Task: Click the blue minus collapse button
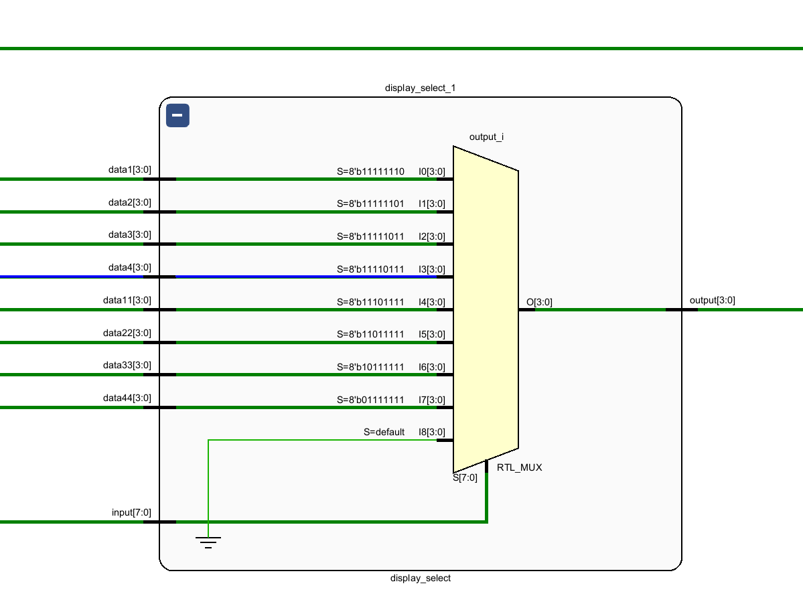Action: [x=177, y=115]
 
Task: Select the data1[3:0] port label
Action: [x=130, y=170]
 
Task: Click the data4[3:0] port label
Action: [x=130, y=268]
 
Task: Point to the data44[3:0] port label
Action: [x=127, y=398]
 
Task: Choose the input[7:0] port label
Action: [x=131, y=513]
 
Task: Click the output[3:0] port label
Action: [x=713, y=300]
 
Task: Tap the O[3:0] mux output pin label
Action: [x=539, y=302]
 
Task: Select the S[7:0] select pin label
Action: [x=465, y=478]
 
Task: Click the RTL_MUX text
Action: [x=520, y=467]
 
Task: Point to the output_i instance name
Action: [x=487, y=137]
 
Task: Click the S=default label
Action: [x=384, y=432]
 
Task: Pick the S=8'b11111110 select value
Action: [x=370, y=171]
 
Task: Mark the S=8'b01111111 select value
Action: [x=370, y=400]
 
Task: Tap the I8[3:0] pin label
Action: [x=432, y=432]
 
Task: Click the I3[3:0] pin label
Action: [x=432, y=269]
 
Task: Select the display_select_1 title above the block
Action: [x=421, y=88]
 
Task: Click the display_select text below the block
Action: [x=421, y=578]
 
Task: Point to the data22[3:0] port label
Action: [x=127, y=333]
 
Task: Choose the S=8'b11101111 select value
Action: [x=370, y=302]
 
